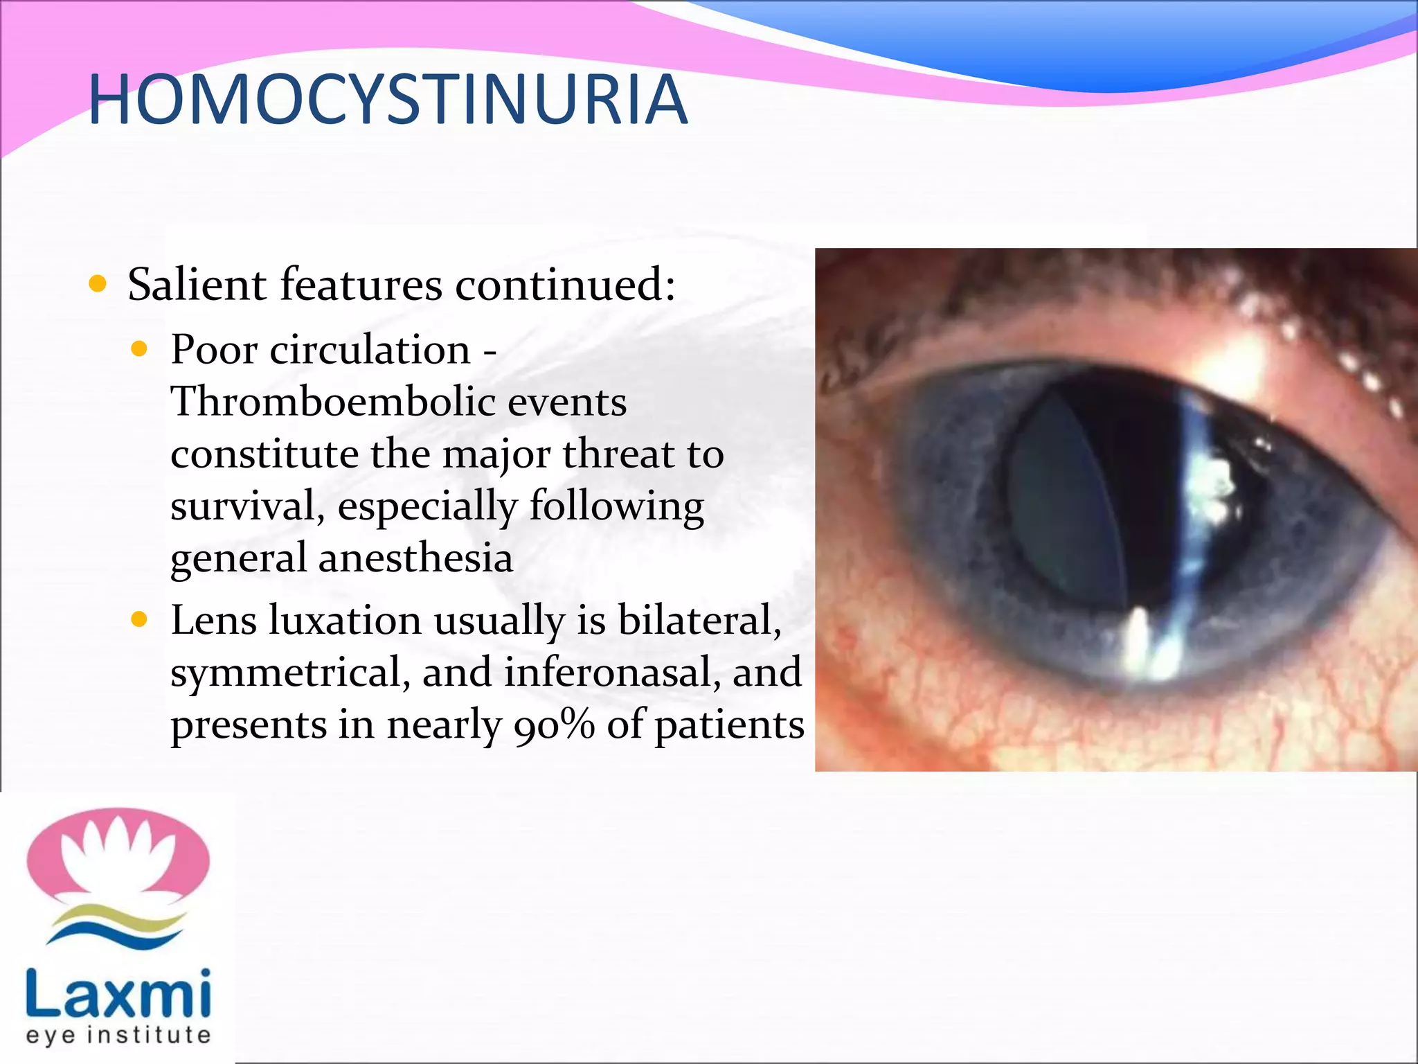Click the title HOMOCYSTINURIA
(388, 100)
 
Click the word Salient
(197, 285)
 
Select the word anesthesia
(415, 558)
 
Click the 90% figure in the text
(554, 725)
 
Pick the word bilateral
(699, 620)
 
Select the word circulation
(370, 349)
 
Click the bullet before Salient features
(98, 284)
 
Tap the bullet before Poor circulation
(140, 349)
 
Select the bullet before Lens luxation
(140, 619)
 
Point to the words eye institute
(118, 1036)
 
